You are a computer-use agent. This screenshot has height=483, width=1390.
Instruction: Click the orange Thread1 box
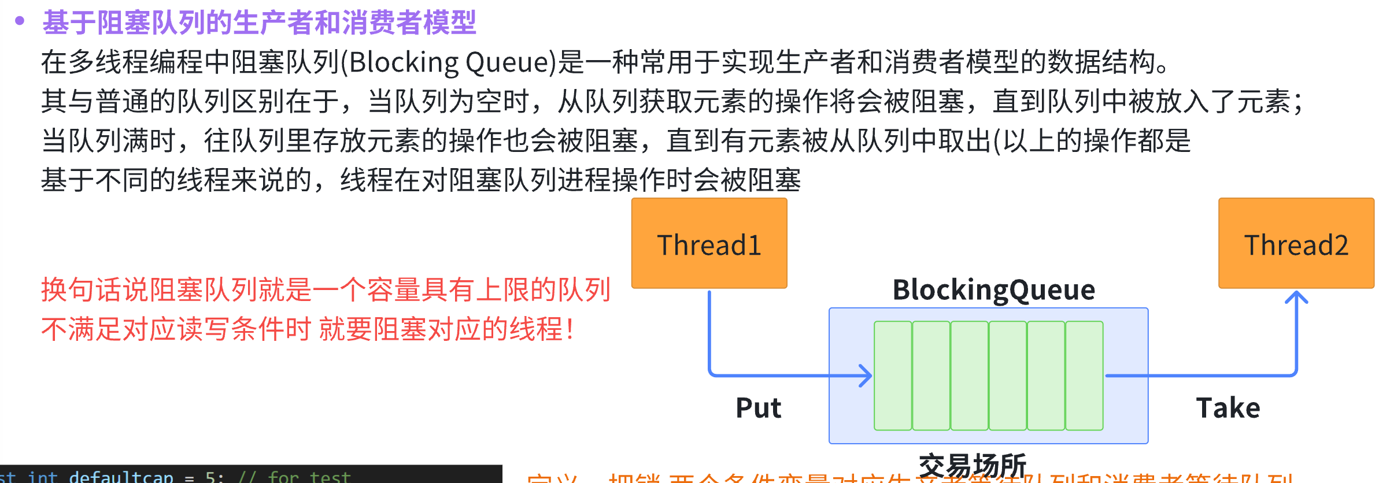click(x=709, y=243)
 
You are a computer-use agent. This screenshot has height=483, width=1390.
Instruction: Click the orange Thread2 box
click(x=1296, y=243)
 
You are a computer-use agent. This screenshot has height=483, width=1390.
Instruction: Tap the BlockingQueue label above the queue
click(x=993, y=289)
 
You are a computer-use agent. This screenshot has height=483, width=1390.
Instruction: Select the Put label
click(x=758, y=408)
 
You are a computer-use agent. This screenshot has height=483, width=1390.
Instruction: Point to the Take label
click(x=1228, y=408)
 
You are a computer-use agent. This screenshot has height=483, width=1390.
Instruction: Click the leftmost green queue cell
click(x=893, y=376)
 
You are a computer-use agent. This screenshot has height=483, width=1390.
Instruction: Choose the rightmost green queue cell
click(x=1084, y=376)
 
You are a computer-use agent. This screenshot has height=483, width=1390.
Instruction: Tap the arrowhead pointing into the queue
click(x=866, y=376)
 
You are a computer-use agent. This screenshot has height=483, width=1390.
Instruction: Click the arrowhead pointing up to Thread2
click(x=1296, y=298)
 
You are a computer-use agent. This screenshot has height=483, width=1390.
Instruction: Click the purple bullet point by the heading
click(x=20, y=21)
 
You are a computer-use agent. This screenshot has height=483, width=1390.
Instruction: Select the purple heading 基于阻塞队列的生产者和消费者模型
click(x=259, y=23)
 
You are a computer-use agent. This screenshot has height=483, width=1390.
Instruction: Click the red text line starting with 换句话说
click(x=326, y=289)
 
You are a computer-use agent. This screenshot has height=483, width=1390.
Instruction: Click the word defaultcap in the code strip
click(x=121, y=477)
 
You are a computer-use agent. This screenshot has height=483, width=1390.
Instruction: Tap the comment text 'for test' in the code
click(x=309, y=477)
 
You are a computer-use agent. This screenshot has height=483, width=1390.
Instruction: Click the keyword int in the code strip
click(x=43, y=477)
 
